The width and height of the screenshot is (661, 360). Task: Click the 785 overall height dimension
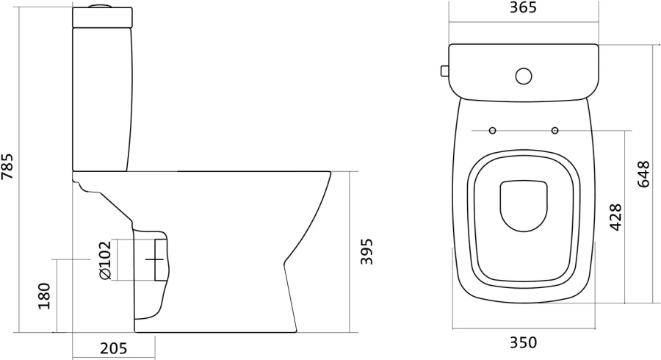pyautogui.click(x=7, y=166)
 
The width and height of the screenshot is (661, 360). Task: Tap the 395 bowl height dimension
pyautogui.click(x=366, y=252)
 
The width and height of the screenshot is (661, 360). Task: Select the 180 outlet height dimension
pyautogui.click(x=44, y=296)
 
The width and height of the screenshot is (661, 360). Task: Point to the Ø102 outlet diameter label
pyautogui.click(x=104, y=259)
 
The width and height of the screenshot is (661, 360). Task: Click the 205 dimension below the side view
pyautogui.click(x=113, y=349)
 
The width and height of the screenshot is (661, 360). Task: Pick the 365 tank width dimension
pyautogui.click(x=523, y=7)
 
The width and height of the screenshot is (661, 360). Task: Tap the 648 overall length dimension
pyautogui.click(x=643, y=173)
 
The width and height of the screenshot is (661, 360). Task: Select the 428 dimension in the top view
pyautogui.click(x=616, y=217)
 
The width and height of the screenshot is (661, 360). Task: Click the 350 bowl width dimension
pyautogui.click(x=524, y=342)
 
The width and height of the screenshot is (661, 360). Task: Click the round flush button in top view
pyautogui.click(x=524, y=76)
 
